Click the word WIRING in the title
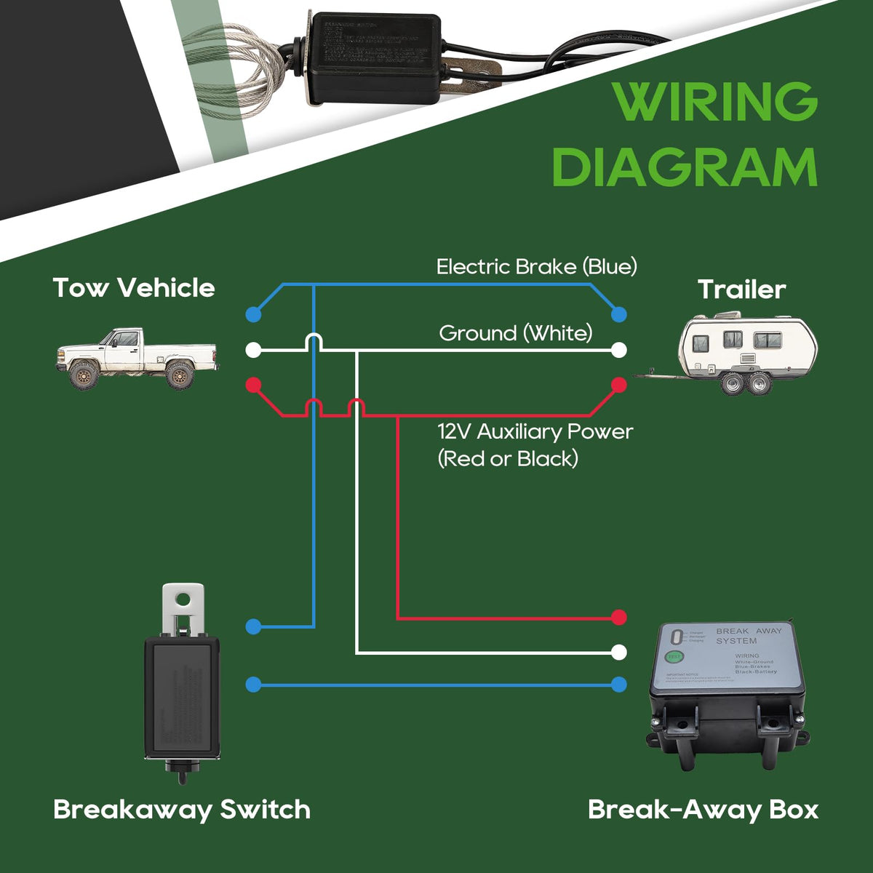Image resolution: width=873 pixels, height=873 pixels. coord(715,103)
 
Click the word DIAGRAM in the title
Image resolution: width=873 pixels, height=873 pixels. coord(685,168)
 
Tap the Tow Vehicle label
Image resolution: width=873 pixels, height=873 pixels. coord(134,288)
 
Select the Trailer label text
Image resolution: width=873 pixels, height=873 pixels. coord(741,290)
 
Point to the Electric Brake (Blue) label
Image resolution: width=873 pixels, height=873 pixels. coord(536,267)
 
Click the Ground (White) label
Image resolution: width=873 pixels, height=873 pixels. coord(515,333)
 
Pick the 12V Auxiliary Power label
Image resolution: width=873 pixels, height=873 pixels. coord(535,432)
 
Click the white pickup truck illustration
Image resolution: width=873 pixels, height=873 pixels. coord(137,358)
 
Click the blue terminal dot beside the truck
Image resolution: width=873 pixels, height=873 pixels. coord(253,314)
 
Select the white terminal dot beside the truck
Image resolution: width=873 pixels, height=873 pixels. coord(253,350)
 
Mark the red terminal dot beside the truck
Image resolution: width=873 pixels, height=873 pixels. coord(253,384)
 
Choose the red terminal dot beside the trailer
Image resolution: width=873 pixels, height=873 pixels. coord(619,384)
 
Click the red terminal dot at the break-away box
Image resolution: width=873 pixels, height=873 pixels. coord(619,618)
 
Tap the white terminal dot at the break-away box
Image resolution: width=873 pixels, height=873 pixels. coord(619,652)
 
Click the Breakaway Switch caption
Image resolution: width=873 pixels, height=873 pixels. coord(182,810)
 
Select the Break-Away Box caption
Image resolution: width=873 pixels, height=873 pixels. coord(703,810)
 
